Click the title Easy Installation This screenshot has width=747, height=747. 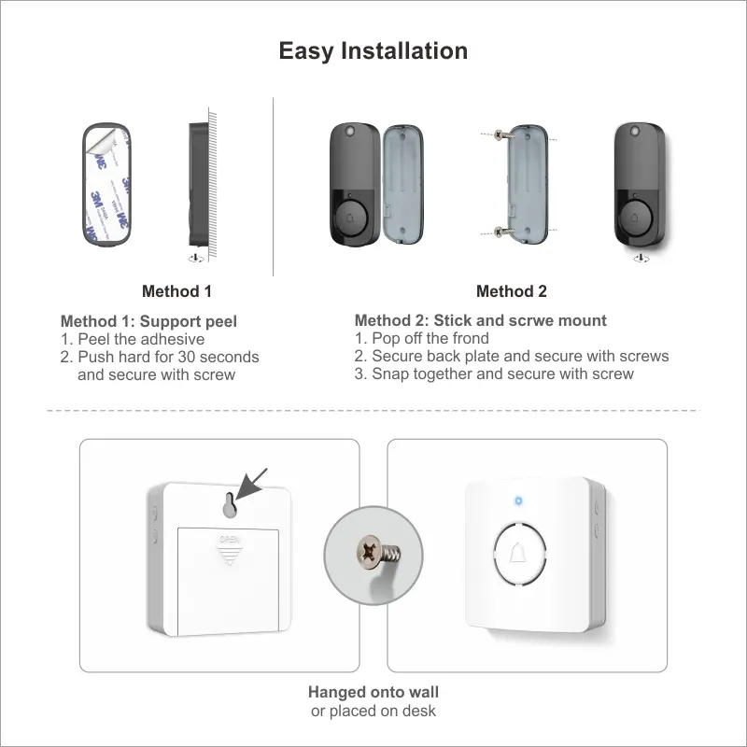(373, 50)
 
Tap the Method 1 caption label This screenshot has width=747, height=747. (176, 291)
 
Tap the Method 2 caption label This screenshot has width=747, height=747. (511, 291)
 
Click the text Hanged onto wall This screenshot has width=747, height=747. (373, 692)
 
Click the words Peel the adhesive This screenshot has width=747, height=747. (140, 339)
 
